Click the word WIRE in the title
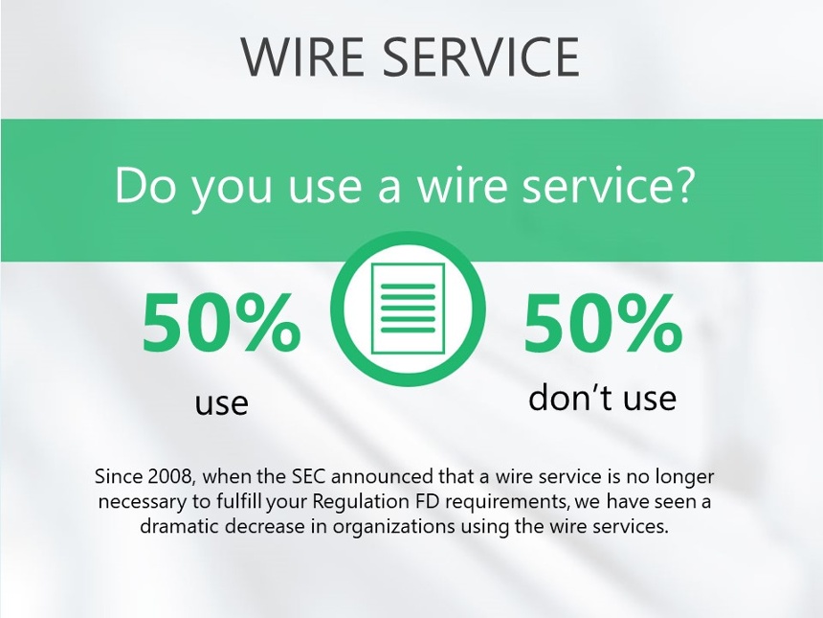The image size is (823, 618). (x=302, y=57)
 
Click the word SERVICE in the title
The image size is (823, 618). (x=480, y=57)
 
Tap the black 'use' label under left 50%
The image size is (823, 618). (x=221, y=403)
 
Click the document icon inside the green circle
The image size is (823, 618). (x=408, y=309)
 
